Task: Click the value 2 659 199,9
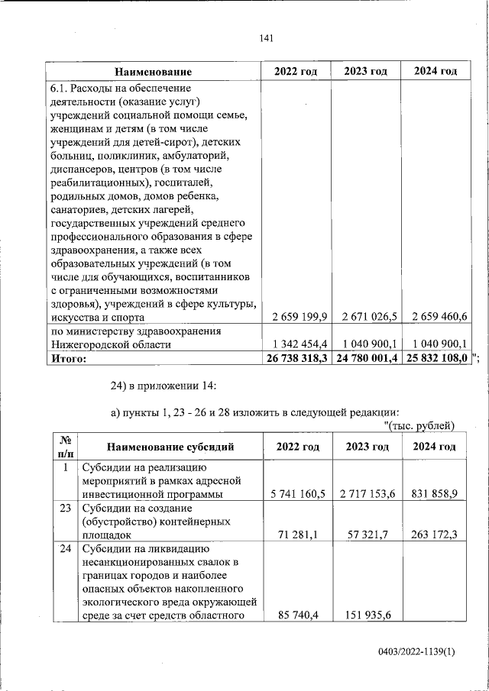point(294,317)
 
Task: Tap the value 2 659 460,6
point(436,317)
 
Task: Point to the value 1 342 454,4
point(294,344)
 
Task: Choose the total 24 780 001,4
point(365,357)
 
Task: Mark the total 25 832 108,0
point(436,357)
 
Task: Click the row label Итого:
point(69,357)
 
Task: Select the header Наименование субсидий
point(170,447)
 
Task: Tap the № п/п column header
point(65,447)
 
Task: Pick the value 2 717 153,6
point(367,494)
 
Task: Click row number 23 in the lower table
point(66,507)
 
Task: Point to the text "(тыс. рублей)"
point(419,425)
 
